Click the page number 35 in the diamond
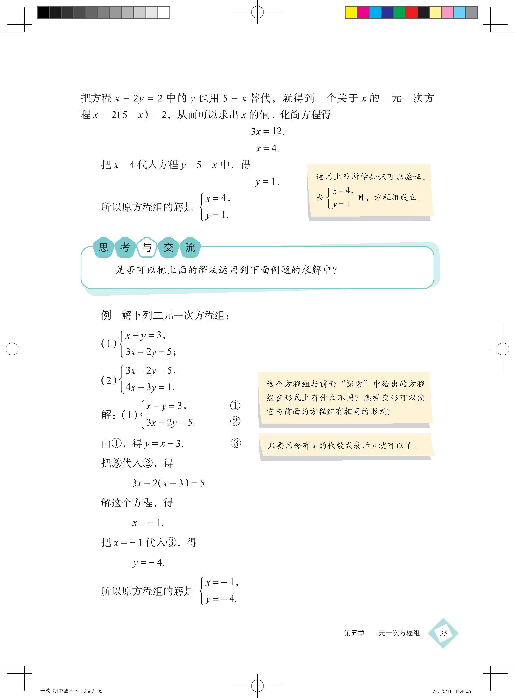tap(443, 633)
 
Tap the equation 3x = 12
tap(267, 131)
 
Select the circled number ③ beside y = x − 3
tap(236, 443)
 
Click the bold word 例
tap(106, 315)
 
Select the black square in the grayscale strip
tap(43, 12)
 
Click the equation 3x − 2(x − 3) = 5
tap(169, 483)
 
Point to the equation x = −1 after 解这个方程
tap(148, 523)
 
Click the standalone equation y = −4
tap(148, 563)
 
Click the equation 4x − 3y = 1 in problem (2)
tap(150, 387)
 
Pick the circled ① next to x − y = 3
tap(235, 405)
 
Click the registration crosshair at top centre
tap(257, 12)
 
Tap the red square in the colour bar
tap(411, 12)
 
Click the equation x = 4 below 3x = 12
tap(267, 148)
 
